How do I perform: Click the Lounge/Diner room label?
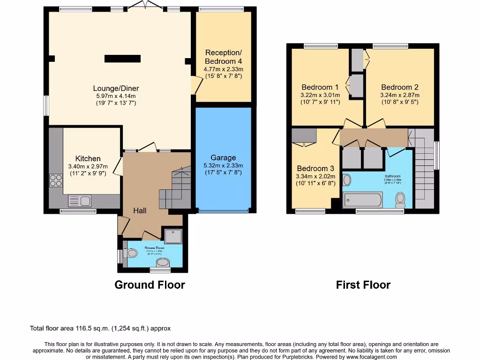point(116,88)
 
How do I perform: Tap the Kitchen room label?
point(88,159)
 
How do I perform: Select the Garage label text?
point(223,157)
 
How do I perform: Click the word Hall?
point(140,210)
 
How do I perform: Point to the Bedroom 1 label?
point(320,87)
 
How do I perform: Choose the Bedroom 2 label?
point(400,87)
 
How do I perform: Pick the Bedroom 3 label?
point(315,168)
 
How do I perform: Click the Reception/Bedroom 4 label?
point(223,57)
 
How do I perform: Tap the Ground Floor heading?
point(150,285)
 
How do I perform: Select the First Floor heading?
point(363,285)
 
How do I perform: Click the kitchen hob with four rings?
point(56,180)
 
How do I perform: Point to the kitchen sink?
point(80,201)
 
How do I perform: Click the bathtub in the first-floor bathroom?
point(363,200)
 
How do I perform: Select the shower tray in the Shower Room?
point(172,236)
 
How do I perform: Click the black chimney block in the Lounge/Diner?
point(122,59)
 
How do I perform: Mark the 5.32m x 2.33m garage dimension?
point(223,165)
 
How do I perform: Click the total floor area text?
point(104,329)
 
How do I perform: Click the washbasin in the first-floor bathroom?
point(347,180)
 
